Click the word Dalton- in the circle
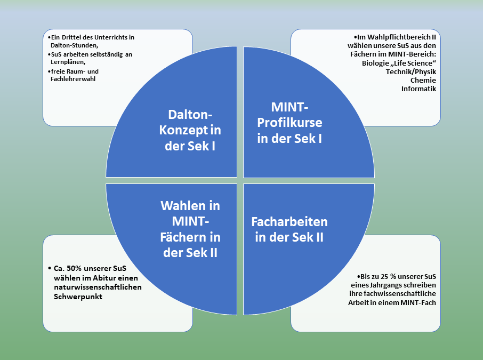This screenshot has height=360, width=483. [190, 115]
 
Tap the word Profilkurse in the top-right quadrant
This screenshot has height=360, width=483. [289, 123]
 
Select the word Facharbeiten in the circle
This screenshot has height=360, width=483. [289, 221]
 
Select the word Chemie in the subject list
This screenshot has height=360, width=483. [423, 80]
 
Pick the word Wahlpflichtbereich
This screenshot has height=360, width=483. [395, 36]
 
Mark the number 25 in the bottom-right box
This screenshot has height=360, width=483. [385, 277]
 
